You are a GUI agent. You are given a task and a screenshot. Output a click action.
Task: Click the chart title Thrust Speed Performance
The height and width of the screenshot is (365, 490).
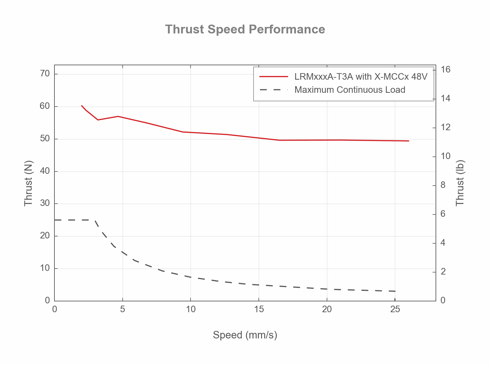[245, 29]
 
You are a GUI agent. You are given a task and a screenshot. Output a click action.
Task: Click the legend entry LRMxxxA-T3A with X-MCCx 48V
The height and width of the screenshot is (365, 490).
[361, 77]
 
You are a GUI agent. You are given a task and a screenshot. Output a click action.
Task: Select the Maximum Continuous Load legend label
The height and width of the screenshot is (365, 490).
[350, 90]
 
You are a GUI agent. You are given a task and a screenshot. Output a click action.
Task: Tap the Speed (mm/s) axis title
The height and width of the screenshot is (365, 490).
[245, 335]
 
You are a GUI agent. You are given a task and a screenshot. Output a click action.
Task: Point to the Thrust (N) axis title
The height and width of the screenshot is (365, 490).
[29, 183]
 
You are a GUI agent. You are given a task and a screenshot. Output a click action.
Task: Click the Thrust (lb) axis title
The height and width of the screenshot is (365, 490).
[460, 183]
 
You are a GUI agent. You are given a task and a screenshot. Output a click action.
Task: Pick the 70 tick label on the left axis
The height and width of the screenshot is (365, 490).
[45, 73]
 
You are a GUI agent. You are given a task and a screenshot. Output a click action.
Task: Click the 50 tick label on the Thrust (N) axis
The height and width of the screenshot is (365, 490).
[45, 139]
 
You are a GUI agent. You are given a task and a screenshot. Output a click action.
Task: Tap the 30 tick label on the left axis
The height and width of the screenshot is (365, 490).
[45, 203]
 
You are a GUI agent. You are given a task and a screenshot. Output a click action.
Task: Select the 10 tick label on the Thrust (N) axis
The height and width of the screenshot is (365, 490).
[45, 268]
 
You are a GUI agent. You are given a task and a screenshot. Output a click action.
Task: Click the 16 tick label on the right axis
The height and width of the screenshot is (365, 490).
[445, 70]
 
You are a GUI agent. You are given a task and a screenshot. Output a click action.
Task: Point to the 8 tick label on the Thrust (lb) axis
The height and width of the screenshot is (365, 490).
[443, 185]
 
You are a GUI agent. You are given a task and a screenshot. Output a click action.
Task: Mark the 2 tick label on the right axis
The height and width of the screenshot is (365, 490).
[443, 272]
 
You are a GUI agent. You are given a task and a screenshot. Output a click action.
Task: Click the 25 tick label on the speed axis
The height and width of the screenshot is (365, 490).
[395, 309]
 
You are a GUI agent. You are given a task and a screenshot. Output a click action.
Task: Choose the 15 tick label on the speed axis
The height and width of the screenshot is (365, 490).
[259, 309]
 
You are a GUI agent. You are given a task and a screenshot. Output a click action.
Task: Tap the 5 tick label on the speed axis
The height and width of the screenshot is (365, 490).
[122, 309]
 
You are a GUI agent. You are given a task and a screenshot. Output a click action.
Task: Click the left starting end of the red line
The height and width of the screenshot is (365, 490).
[82, 106]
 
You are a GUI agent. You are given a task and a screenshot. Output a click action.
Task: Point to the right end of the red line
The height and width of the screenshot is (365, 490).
[409, 141]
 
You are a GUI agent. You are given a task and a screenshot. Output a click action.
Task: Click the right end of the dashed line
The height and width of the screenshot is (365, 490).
[395, 291]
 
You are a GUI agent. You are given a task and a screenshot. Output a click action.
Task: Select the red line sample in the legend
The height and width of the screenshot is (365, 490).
[274, 77]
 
